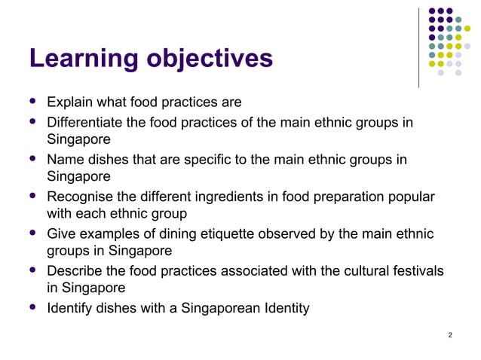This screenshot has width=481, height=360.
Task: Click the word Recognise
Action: coord(81,197)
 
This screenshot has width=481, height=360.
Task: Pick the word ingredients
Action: coord(238,197)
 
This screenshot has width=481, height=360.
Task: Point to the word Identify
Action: coord(70,307)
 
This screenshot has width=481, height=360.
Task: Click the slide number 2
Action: coord(450,334)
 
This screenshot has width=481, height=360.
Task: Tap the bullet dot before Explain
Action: coord(32,101)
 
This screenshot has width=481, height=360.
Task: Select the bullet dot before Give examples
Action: coord(32,233)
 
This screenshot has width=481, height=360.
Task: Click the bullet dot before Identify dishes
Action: coord(32,307)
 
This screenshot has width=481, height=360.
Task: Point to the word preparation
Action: coord(338,197)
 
